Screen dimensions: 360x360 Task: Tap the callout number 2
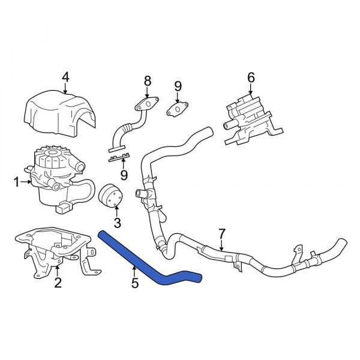click(x=58, y=283)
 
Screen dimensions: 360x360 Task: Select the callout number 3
click(x=118, y=224)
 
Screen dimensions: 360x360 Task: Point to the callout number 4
click(x=65, y=76)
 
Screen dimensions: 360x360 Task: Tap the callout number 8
click(x=146, y=81)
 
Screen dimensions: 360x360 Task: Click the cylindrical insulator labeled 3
click(x=111, y=199)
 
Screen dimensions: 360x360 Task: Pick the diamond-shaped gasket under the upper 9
click(x=177, y=110)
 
